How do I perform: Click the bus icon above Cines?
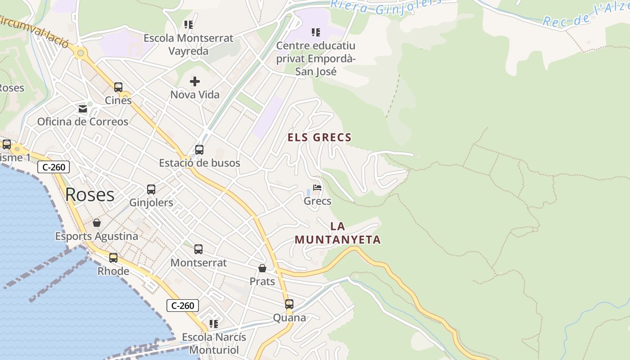click(118, 87)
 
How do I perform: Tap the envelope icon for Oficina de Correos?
click(83, 108)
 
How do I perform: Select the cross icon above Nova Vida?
click(195, 81)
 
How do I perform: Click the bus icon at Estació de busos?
click(199, 150)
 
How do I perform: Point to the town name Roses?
click(90, 194)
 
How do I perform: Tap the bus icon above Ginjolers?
click(151, 189)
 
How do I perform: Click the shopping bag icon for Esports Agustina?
click(97, 223)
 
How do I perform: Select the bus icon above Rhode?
click(113, 258)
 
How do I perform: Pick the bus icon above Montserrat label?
click(198, 249)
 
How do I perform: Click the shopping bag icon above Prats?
click(262, 268)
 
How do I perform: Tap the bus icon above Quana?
click(289, 304)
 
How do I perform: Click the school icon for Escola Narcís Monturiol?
click(214, 324)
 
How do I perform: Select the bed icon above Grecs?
click(317, 188)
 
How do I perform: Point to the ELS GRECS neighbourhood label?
click(319, 137)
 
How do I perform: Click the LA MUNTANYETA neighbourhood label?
click(337, 233)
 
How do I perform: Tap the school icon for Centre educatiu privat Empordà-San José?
click(316, 32)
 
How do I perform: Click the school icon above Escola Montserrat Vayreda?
click(189, 25)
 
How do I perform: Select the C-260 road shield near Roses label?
click(54, 167)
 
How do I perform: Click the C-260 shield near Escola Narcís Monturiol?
click(183, 306)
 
